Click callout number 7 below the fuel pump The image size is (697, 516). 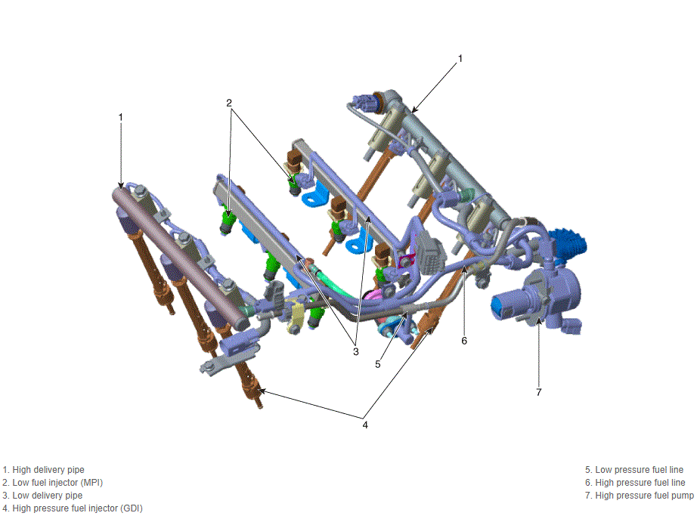539,392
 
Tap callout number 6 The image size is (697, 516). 464,341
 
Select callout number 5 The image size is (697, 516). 378,364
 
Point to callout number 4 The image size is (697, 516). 365,425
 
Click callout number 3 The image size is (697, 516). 355,352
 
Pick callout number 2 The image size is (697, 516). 229,103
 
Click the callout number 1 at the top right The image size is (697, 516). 460,58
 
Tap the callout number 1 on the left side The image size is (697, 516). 120,117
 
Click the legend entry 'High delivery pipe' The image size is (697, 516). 44,470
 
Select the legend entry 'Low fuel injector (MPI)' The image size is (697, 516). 52,483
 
